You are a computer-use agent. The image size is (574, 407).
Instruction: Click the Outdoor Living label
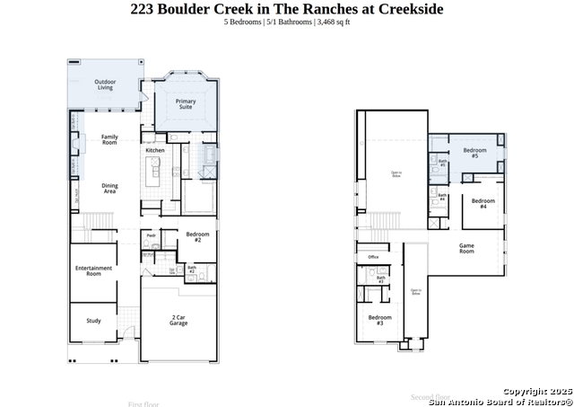pyautogui.click(x=105, y=85)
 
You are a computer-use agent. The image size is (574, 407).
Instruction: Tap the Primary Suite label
pyautogui.click(x=186, y=104)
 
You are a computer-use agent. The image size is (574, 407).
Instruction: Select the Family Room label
pyautogui.click(x=109, y=139)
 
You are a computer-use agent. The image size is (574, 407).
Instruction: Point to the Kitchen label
pyautogui.click(x=155, y=150)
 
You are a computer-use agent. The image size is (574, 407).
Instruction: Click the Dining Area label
pyautogui.click(x=109, y=189)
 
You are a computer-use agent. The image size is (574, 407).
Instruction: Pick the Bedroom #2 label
pyautogui.click(x=198, y=238)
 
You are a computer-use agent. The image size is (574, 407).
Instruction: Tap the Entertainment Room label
pyautogui.click(x=93, y=270)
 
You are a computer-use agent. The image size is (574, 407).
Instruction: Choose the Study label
pyautogui.click(x=93, y=320)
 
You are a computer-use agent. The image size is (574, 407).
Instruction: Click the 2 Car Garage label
pyautogui.click(x=178, y=320)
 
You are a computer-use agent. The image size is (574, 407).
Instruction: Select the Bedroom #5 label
pyautogui.click(x=474, y=153)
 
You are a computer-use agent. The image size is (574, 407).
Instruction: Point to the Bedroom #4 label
pyautogui.click(x=483, y=203)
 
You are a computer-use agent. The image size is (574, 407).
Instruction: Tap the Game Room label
pyautogui.click(x=466, y=249)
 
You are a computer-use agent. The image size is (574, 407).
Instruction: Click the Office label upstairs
pyautogui.click(x=373, y=257)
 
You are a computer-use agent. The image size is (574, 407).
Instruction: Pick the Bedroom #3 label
pyautogui.click(x=379, y=320)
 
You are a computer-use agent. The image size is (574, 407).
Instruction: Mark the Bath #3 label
pyautogui.click(x=380, y=279)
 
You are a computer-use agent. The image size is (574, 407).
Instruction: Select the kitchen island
pyautogui.click(x=154, y=170)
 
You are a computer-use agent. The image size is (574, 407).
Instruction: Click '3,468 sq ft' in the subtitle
pyautogui.click(x=333, y=22)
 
